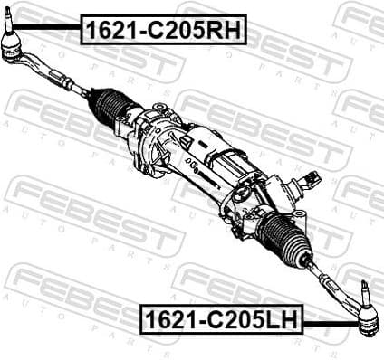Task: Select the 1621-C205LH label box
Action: point(221,319)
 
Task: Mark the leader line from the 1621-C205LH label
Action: point(331,320)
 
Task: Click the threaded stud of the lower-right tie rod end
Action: point(366,290)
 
